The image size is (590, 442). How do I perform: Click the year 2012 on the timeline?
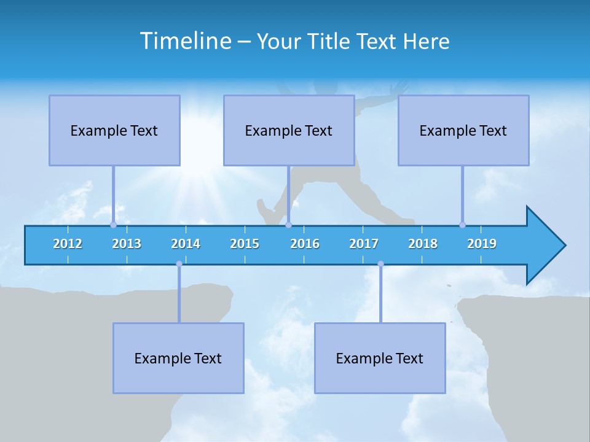(68, 244)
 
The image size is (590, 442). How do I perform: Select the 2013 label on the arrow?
(127, 244)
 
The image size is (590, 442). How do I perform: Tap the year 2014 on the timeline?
(186, 244)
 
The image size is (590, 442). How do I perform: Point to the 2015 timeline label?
(245, 244)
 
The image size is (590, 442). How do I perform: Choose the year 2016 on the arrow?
(305, 244)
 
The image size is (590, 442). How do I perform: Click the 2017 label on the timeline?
(364, 244)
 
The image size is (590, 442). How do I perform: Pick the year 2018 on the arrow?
(423, 244)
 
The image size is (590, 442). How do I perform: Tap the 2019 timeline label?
(482, 244)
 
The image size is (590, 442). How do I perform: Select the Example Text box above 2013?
(114, 130)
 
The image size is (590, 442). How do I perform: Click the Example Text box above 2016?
(289, 130)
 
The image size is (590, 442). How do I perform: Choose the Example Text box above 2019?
(463, 130)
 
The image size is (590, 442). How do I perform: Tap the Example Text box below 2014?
(178, 358)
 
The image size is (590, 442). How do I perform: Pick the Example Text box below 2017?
(380, 358)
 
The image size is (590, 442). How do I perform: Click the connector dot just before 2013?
(113, 225)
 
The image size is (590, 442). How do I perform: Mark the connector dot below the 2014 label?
(179, 264)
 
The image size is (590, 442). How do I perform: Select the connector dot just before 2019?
(462, 225)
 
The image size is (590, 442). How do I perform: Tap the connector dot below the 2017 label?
(380, 264)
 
